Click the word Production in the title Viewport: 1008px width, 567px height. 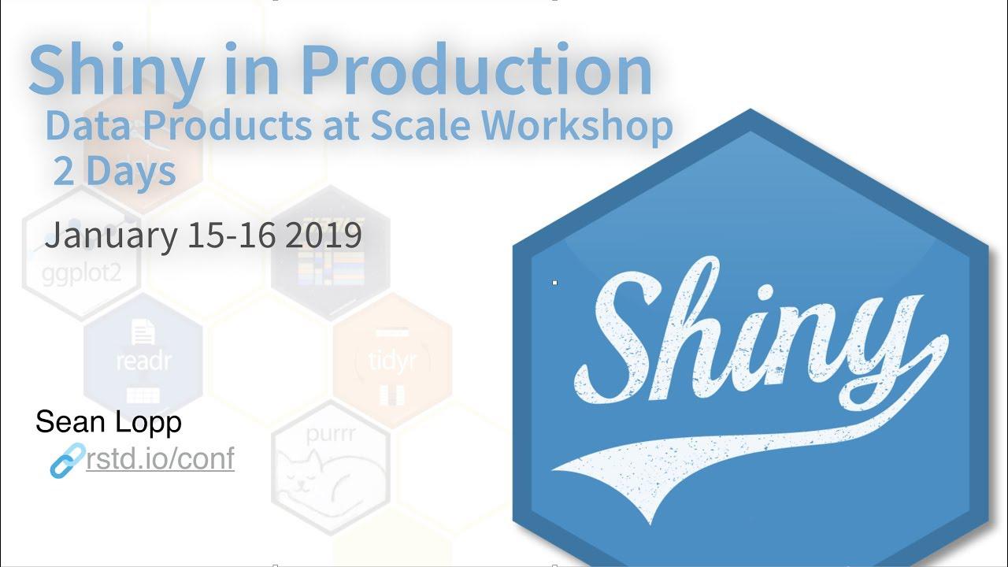click(x=476, y=71)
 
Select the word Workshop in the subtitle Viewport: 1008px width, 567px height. click(x=578, y=126)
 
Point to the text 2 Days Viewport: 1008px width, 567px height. click(x=114, y=171)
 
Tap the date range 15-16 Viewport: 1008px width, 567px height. click(x=232, y=235)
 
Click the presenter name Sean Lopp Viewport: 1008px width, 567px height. click(x=109, y=422)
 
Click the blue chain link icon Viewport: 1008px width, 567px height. click(x=67, y=461)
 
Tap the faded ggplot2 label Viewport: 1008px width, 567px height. click(x=80, y=276)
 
